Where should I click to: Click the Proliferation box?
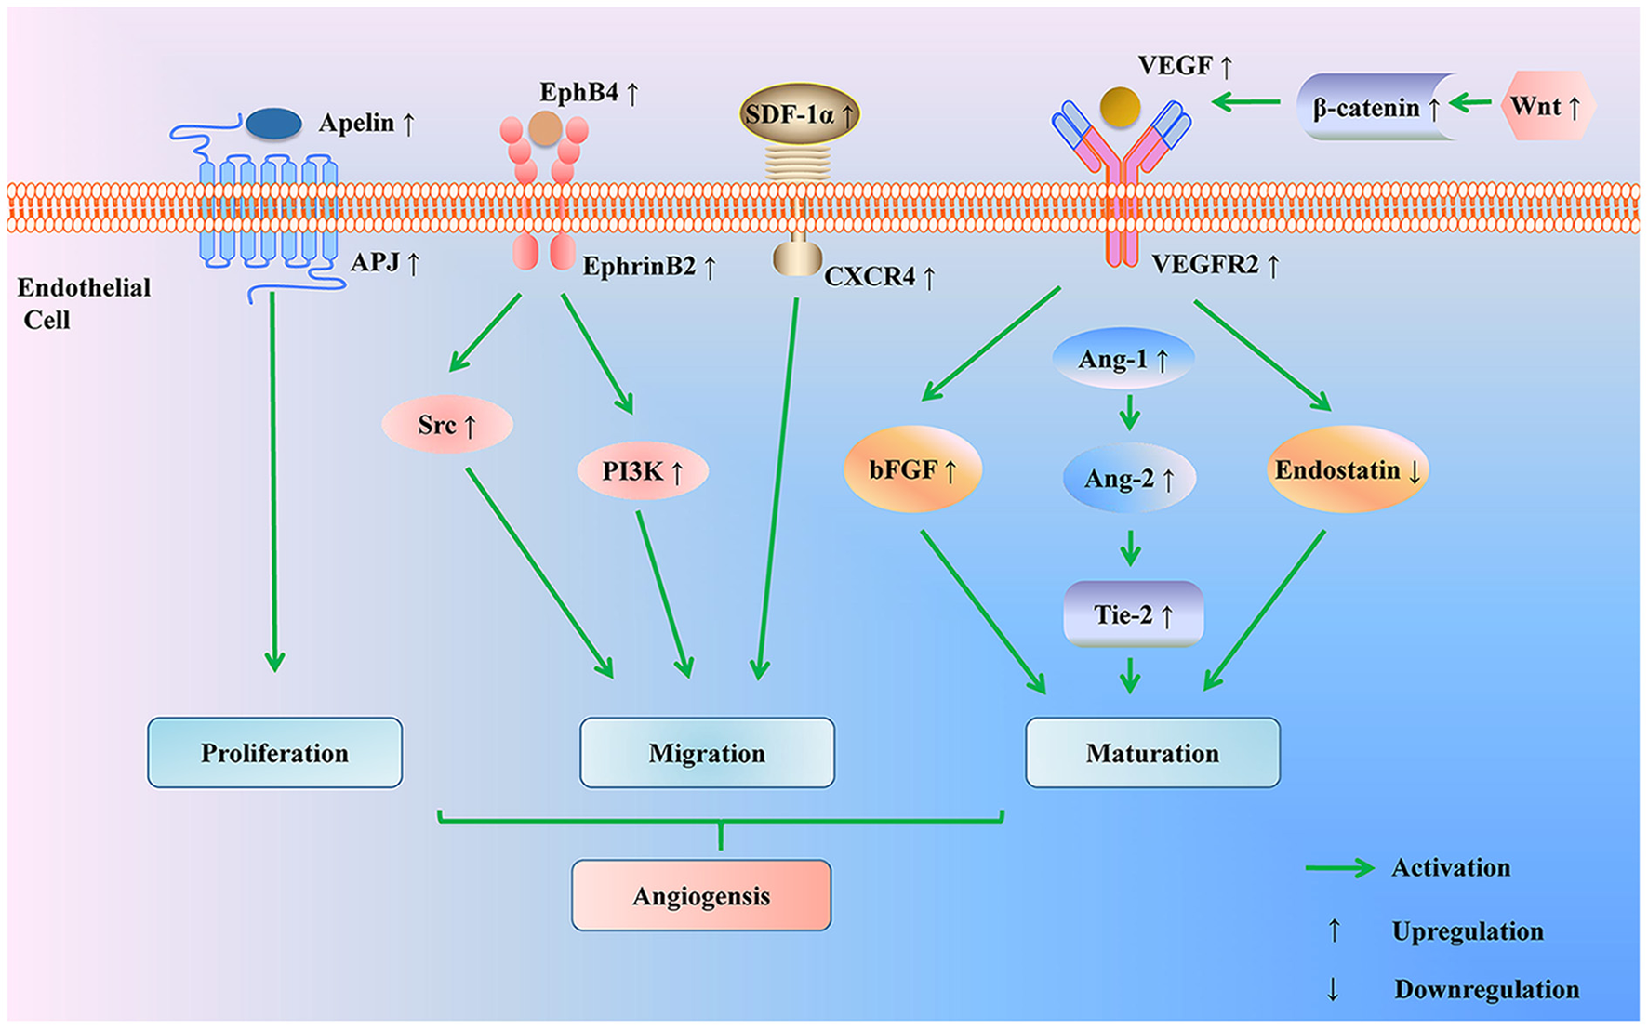[x=274, y=752]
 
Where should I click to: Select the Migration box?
[x=707, y=752]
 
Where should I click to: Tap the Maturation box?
[x=1152, y=752]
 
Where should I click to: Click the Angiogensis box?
[x=701, y=895]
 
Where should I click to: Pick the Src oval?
[x=446, y=425]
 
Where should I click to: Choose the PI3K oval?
[x=643, y=471]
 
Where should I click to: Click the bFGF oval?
[x=912, y=469]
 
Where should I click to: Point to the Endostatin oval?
[x=1347, y=469]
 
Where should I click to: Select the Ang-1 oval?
[x=1123, y=359]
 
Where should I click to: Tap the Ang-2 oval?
[x=1129, y=478]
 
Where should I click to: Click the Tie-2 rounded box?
[x=1133, y=614]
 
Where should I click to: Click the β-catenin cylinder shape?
[x=1375, y=108]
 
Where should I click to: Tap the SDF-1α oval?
[x=799, y=114]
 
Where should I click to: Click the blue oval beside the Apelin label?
[x=273, y=124]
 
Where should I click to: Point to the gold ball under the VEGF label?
[x=1120, y=107]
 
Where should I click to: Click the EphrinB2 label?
[x=649, y=267]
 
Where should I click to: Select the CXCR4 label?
[x=879, y=277]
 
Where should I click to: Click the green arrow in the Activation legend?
[x=1339, y=867]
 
